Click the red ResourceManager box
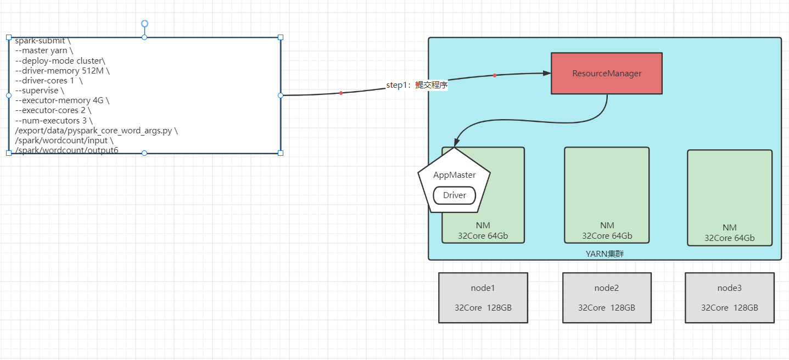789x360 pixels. tap(607, 74)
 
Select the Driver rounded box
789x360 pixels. tap(455, 195)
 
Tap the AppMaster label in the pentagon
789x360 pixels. tap(454, 175)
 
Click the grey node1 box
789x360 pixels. tap(483, 297)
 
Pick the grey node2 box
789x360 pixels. tap(607, 297)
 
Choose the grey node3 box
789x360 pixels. tap(730, 297)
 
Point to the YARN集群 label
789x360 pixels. tap(605, 254)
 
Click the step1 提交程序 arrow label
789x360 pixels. tap(417, 85)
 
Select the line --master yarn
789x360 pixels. tap(48, 50)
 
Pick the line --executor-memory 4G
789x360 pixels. tap(63, 100)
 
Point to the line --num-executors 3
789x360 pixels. tap(54, 120)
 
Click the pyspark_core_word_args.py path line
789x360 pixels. tap(96, 130)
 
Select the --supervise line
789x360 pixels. tap(40, 91)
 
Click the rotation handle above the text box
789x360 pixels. tap(144, 24)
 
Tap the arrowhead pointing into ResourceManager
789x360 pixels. tap(547, 73)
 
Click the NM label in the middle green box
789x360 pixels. tap(607, 226)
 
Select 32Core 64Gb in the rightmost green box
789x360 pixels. tap(730, 238)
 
